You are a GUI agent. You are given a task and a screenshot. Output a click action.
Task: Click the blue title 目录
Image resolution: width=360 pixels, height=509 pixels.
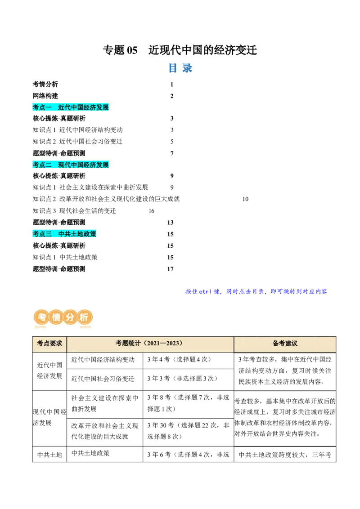click(181, 68)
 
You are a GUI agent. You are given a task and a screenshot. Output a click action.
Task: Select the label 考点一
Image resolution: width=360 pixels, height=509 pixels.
click(42, 107)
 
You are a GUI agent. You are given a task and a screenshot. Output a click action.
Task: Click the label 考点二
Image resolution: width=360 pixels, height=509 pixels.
click(42, 165)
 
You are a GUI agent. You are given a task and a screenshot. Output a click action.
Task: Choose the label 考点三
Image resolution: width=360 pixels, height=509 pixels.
click(42, 234)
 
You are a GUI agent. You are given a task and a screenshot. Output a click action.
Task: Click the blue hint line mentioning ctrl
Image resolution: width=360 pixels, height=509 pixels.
click(256, 291)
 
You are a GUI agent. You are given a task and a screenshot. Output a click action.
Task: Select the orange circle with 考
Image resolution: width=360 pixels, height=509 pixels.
click(42, 317)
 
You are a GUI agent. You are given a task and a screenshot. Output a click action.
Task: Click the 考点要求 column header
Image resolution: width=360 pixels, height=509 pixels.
click(49, 344)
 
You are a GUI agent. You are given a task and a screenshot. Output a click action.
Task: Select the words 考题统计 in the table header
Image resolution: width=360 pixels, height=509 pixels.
click(128, 344)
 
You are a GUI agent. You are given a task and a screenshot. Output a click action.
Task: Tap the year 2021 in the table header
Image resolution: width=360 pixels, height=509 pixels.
click(152, 344)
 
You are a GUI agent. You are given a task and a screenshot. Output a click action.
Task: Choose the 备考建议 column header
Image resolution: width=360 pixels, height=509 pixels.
click(285, 344)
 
